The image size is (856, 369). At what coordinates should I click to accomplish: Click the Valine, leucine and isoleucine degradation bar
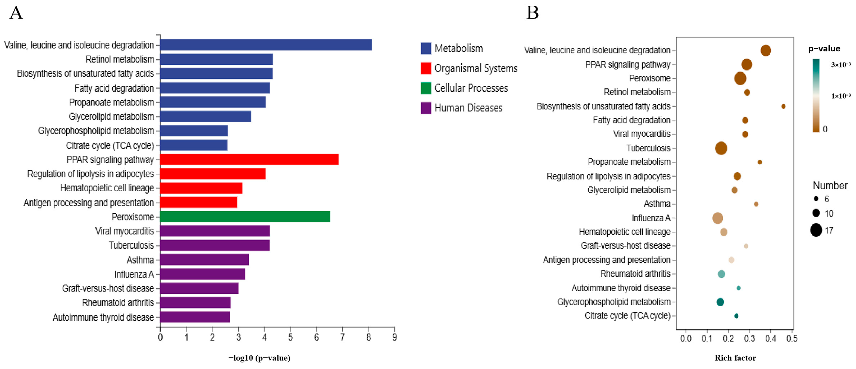coord(266,45)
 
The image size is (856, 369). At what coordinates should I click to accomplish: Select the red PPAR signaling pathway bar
coord(249,160)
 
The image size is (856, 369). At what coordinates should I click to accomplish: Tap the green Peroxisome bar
coord(245,217)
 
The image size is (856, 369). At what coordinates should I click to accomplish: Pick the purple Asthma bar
coord(204,260)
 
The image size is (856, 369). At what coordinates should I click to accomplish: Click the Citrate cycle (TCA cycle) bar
coord(194,145)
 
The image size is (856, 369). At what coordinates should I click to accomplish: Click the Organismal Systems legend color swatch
coord(426,68)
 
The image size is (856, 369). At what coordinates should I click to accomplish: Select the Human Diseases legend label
coord(468,108)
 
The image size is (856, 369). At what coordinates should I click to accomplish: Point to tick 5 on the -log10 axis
coord(290,337)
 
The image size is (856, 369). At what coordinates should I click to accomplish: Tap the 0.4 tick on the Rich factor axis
coord(771,339)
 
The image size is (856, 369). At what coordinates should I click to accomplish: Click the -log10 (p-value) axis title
coord(259,358)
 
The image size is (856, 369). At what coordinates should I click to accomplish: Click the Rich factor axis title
coord(735,358)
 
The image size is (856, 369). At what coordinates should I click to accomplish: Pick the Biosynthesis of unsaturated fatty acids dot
coord(783,107)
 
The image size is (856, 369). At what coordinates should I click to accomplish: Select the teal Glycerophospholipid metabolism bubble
coord(720,302)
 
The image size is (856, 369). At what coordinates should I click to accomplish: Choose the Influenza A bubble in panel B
coord(718,218)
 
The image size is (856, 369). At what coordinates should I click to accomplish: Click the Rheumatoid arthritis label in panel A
coord(118,303)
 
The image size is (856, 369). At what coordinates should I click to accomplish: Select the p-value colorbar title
coord(824,49)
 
